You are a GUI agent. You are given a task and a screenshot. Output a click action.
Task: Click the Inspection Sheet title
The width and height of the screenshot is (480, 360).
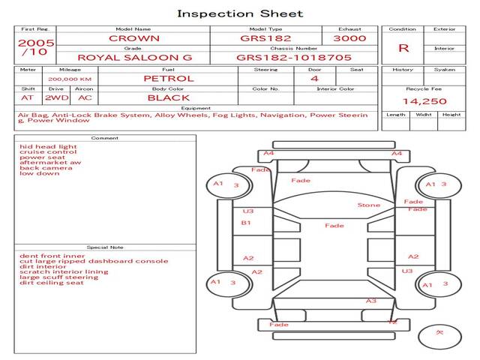240,13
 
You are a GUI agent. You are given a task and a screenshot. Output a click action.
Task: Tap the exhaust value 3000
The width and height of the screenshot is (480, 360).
349,38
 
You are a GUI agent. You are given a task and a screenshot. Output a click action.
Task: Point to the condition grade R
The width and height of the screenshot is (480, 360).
403,48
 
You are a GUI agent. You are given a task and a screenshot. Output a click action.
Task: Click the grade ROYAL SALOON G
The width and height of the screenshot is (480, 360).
135,57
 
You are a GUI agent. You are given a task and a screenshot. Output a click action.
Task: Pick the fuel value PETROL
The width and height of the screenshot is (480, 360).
168,78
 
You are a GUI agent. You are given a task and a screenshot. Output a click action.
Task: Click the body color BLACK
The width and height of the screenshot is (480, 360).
168,97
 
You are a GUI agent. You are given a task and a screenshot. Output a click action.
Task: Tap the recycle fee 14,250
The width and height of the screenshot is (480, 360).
424,100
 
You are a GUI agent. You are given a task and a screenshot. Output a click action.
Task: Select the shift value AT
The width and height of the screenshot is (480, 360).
28,97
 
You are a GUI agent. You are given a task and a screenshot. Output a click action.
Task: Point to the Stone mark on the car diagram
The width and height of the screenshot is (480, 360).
368,205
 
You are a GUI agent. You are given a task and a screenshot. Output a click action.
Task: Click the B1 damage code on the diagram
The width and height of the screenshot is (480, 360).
246,223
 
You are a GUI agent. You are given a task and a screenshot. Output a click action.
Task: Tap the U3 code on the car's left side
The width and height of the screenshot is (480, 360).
248,211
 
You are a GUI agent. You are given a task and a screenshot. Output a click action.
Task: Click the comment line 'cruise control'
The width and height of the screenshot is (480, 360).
48,152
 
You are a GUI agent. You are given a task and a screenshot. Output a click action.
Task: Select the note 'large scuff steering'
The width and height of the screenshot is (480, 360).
58,277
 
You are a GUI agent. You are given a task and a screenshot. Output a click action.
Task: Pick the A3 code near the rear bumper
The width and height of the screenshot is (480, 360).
370,301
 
